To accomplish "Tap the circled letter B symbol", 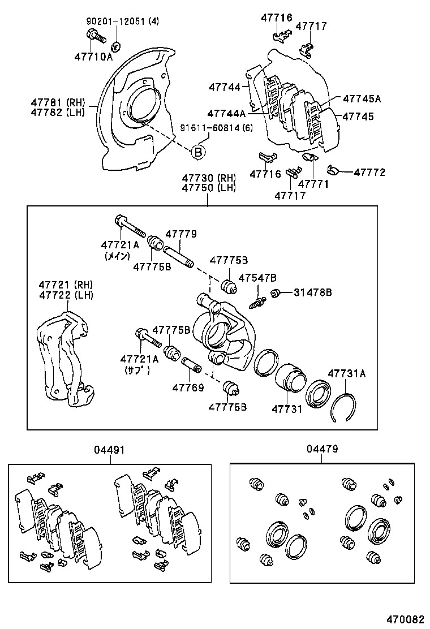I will [198, 151].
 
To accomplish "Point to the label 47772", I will [370, 172].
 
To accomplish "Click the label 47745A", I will [362, 98].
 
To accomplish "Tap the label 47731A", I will [347, 373].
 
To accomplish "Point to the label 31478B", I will [313, 292].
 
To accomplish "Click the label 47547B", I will [257, 278].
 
